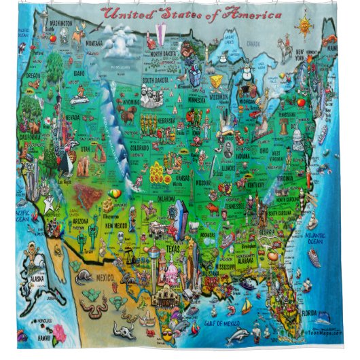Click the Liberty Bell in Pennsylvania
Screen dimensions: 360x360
[x=300, y=103]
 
